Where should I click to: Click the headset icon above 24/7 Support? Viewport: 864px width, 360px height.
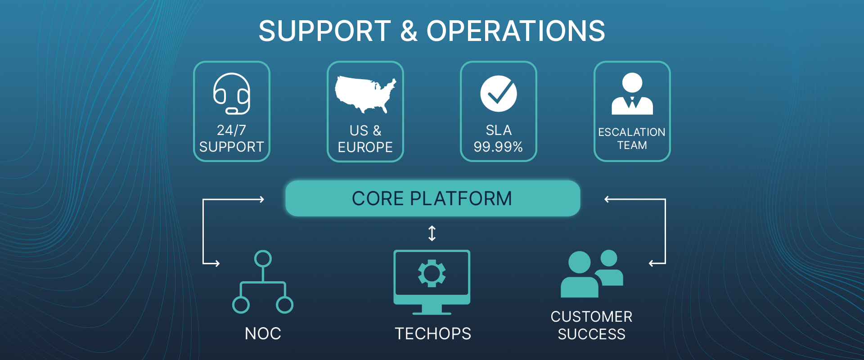[x=232, y=93]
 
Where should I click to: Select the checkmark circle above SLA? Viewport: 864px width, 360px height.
[x=499, y=94]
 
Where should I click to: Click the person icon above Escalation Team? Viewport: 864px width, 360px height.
[x=632, y=94]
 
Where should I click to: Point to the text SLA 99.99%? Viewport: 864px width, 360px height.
[x=499, y=139]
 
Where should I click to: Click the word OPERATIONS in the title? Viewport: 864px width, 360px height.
[x=516, y=31]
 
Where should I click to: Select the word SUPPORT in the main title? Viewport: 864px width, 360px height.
[x=325, y=31]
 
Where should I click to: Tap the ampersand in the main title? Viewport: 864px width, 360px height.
[x=409, y=31]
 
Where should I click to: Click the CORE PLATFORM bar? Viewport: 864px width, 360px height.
[x=432, y=198]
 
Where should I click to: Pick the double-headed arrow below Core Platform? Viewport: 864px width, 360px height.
[x=432, y=233]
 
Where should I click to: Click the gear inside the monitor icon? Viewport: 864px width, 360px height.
[x=432, y=273]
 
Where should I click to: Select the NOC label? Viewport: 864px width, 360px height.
[x=263, y=333]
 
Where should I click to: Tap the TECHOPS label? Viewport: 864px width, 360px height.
[x=433, y=333]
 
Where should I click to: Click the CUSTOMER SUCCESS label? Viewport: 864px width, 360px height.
[x=591, y=325]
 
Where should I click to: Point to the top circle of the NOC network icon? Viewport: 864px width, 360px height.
[x=263, y=259]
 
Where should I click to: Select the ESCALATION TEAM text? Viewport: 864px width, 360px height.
[x=632, y=139]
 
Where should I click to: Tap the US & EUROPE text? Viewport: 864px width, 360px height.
[x=365, y=139]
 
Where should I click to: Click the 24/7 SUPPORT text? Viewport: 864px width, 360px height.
[x=231, y=139]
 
